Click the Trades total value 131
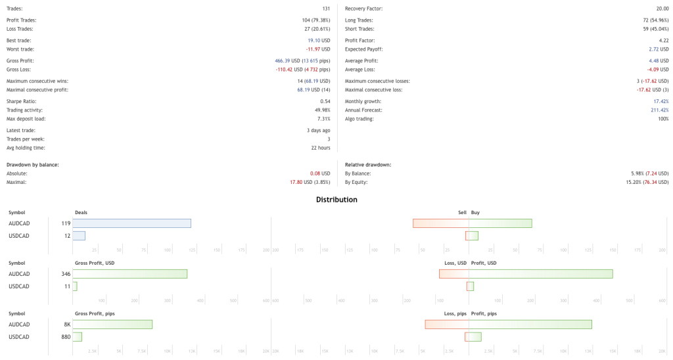(x=326, y=9)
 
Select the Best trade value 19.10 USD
(x=319, y=41)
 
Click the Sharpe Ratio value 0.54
(x=325, y=101)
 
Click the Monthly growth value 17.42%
(x=661, y=101)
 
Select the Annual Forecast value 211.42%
(x=660, y=110)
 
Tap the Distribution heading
(x=336, y=199)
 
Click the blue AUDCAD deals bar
(x=131, y=223)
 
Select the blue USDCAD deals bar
(x=79, y=236)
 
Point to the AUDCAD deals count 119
(x=66, y=223)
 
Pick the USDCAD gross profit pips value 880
(x=66, y=337)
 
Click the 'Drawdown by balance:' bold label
(x=33, y=164)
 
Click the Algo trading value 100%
(x=663, y=119)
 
